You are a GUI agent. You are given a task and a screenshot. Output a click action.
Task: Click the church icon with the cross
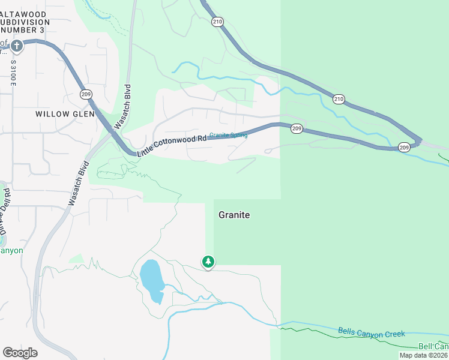(16, 45)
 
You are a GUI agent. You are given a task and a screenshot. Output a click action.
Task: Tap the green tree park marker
(208, 262)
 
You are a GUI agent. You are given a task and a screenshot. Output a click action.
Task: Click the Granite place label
(234, 215)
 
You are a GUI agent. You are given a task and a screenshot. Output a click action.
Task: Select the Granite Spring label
(228, 135)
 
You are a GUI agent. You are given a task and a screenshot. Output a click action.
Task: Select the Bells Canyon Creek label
(371, 332)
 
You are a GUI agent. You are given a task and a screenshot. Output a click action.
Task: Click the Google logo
(20, 353)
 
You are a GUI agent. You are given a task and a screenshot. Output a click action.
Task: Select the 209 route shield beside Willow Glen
(86, 94)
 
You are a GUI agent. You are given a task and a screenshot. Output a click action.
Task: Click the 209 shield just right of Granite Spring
(297, 128)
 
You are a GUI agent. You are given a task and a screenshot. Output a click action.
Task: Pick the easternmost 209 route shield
(404, 147)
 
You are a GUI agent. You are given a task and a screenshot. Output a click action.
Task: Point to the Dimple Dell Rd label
(5, 211)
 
